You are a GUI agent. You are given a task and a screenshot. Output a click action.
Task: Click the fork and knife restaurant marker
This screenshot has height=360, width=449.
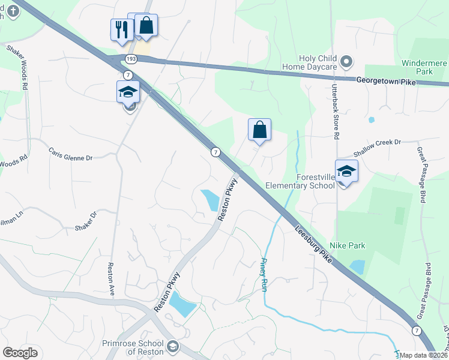(x=121, y=29)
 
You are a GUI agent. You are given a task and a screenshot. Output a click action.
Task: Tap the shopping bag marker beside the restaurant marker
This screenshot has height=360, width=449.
(x=146, y=25)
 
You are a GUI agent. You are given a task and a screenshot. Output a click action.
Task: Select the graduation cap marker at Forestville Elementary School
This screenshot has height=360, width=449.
(x=346, y=172)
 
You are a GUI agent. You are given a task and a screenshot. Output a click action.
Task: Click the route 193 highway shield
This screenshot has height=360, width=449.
(x=130, y=58)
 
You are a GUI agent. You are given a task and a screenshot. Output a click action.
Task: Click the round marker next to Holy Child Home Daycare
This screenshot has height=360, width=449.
(x=346, y=61)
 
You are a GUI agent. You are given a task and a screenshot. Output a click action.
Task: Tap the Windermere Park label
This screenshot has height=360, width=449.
(x=424, y=67)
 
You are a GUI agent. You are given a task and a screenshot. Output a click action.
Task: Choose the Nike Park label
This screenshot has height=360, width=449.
(x=347, y=245)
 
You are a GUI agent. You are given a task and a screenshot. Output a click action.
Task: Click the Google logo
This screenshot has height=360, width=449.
(x=20, y=353)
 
